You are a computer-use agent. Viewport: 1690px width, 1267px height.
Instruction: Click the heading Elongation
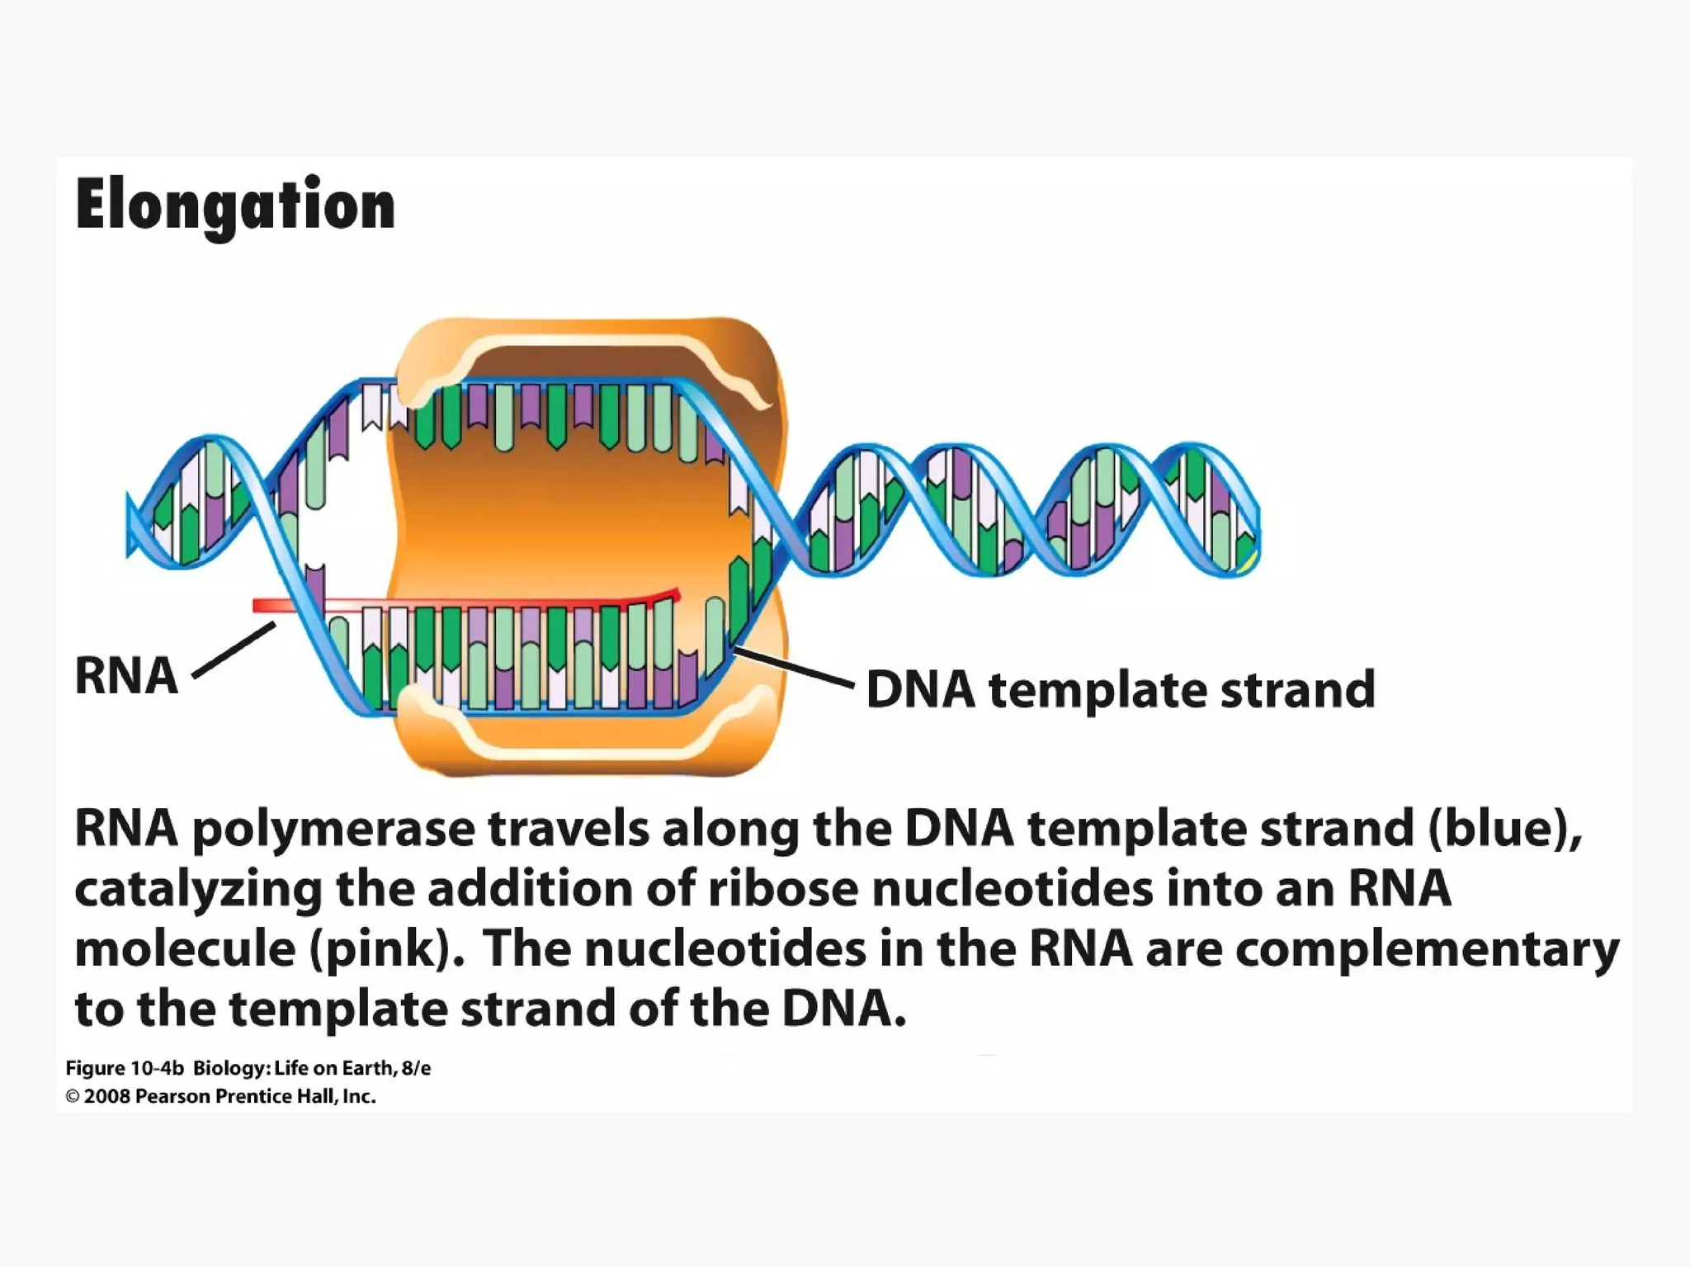click(235, 206)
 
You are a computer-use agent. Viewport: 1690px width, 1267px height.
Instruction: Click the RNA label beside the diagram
click(126, 676)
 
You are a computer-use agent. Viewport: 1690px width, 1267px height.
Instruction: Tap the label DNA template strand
click(1120, 690)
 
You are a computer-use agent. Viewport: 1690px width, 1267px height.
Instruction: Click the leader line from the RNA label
click(234, 650)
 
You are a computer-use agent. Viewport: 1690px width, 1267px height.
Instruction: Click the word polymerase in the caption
click(333, 829)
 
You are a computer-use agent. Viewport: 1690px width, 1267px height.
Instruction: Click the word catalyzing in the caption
click(198, 890)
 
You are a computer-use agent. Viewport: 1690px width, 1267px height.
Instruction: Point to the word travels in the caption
click(569, 829)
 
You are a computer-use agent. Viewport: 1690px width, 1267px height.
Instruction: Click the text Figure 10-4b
click(125, 1068)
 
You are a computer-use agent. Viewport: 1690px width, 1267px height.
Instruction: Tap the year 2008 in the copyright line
click(106, 1096)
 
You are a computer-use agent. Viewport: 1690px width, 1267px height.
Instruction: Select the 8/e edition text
click(416, 1068)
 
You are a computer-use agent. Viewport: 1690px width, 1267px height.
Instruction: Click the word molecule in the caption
click(185, 949)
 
